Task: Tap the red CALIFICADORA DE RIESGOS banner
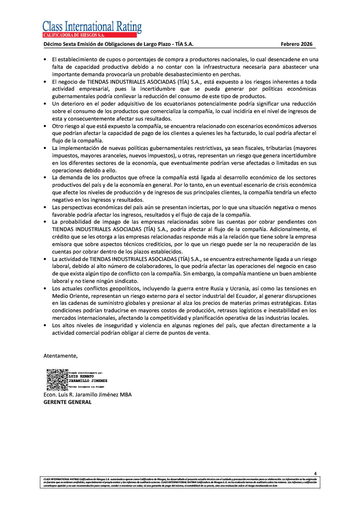(x=90, y=35)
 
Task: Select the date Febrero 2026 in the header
(x=296, y=44)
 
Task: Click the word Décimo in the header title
(x=54, y=44)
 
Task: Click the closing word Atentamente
(x=61, y=356)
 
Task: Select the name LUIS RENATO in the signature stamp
(x=81, y=376)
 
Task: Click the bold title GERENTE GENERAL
(x=68, y=402)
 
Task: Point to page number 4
(x=315, y=473)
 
